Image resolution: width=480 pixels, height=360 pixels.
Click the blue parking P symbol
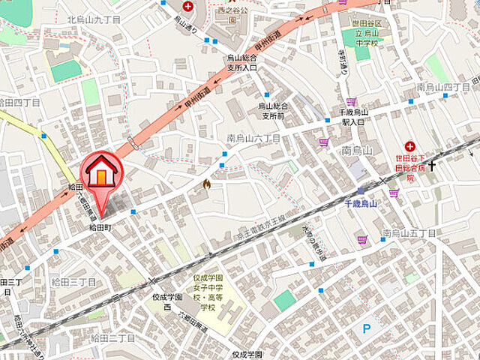pyautogui.click(x=366, y=328)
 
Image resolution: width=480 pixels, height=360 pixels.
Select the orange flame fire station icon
pyautogui.click(x=207, y=183)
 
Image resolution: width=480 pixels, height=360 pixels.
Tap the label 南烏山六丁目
pyautogui.click(x=253, y=139)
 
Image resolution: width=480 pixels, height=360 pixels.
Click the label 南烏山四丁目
pyautogui.click(x=442, y=88)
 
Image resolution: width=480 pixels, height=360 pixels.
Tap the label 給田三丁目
pyautogui.click(x=73, y=282)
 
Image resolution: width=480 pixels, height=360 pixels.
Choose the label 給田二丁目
pyautogui.click(x=112, y=338)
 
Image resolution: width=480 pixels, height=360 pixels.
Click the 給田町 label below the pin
pyautogui.click(x=100, y=226)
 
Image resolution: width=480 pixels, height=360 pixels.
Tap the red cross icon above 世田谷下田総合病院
pyautogui.click(x=409, y=145)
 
